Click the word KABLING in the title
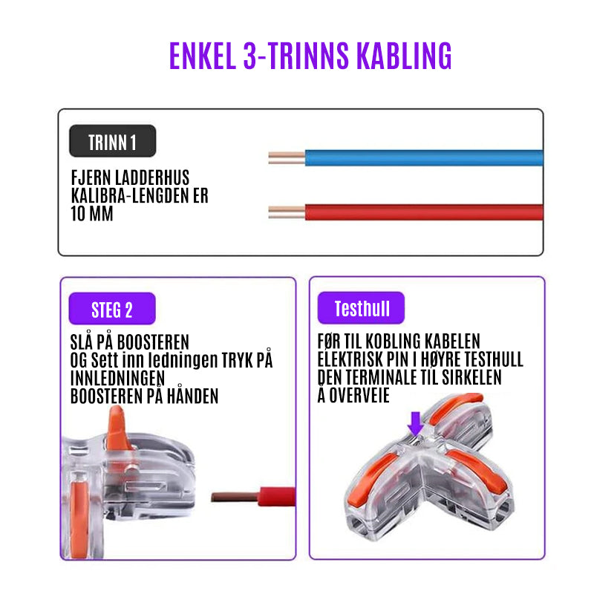click(404, 56)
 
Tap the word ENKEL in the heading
click(203, 56)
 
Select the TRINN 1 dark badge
click(113, 141)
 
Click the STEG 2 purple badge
click(112, 309)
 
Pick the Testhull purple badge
click(361, 307)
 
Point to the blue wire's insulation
click(424, 158)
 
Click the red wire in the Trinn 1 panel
click(424, 212)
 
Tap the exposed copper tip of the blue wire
click(287, 158)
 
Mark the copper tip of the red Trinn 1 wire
click(287, 212)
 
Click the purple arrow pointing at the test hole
click(416, 423)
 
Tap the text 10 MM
click(92, 214)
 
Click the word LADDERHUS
click(152, 177)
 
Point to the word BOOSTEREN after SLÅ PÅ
click(153, 342)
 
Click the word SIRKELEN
click(471, 377)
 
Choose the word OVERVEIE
click(359, 396)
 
